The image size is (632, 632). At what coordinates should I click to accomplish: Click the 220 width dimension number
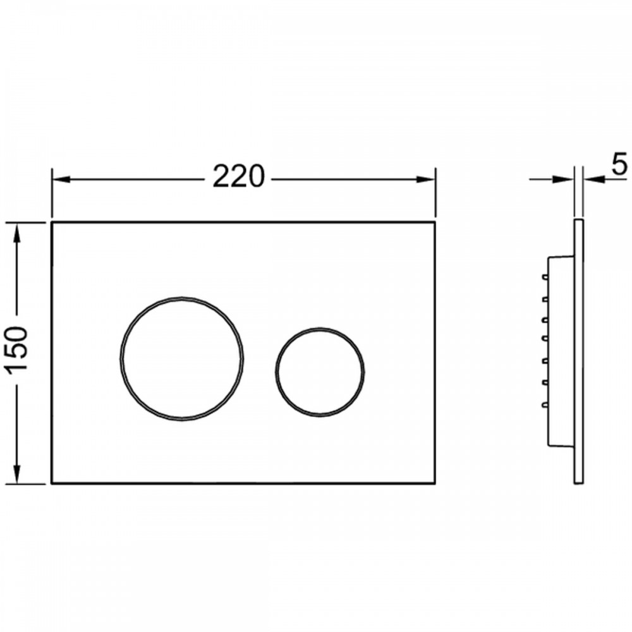click(x=238, y=176)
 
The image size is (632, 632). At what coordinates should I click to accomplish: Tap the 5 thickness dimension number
click(x=620, y=164)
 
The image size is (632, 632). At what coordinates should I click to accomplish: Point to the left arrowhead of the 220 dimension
click(x=61, y=179)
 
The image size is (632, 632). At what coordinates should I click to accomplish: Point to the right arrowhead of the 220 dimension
click(x=425, y=179)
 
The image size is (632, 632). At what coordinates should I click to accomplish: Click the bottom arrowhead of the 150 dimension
click(x=16, y=473)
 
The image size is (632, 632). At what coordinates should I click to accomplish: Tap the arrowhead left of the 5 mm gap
click(x=564, y=179)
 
